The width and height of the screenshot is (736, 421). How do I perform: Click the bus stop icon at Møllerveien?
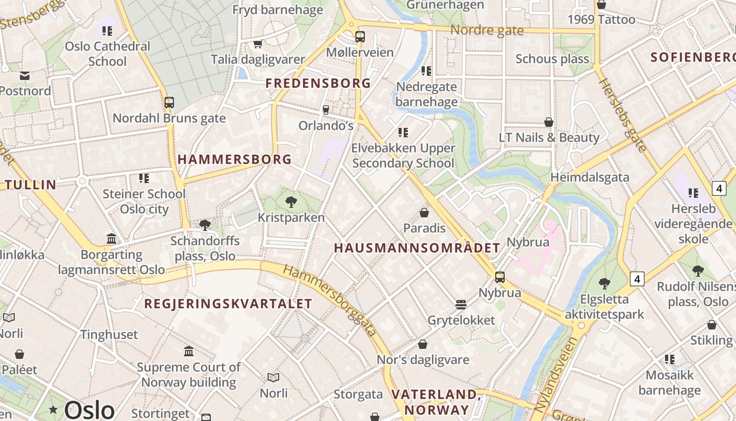click(x=360, y=37)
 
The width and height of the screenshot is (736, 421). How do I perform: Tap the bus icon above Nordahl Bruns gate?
click(x=169, y=103)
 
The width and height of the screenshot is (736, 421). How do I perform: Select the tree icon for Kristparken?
click(x=291, y=202)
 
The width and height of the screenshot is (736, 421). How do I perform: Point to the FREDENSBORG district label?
click(x=318, y=83)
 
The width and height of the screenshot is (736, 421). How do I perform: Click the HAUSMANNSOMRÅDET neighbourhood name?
click(x=417, y=248)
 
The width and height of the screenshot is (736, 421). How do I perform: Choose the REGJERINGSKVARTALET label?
click(x=228, y=304)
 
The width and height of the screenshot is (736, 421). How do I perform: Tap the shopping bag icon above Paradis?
click(x=424, y=213)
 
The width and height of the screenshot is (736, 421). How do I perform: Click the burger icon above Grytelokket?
click(x=461, y=304)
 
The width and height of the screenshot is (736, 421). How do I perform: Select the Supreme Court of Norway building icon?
click(x=189, y=351)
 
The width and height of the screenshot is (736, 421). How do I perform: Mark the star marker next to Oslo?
click(x=53, y=409)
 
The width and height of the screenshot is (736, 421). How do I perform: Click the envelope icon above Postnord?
click(x=25, y=76)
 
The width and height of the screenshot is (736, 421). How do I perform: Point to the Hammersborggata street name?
click(x=330, y=300)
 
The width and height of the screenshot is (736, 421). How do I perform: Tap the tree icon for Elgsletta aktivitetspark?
click(x=605, y=283)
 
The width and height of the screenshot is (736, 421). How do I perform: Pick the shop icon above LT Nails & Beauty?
click(x=549, y=122)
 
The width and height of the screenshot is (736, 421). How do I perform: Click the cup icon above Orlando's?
click(x=325, y=109)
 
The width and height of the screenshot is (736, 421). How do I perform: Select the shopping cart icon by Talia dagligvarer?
click(x=258, y=44)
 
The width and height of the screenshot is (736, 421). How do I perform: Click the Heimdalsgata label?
click(x=589, y=177)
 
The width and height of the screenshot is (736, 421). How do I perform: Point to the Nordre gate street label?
click(x=487, y=31)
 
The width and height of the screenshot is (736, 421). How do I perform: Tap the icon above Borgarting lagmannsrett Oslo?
click(x=111, y=239)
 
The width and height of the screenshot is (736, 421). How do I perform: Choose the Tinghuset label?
click(x=109, y=335)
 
